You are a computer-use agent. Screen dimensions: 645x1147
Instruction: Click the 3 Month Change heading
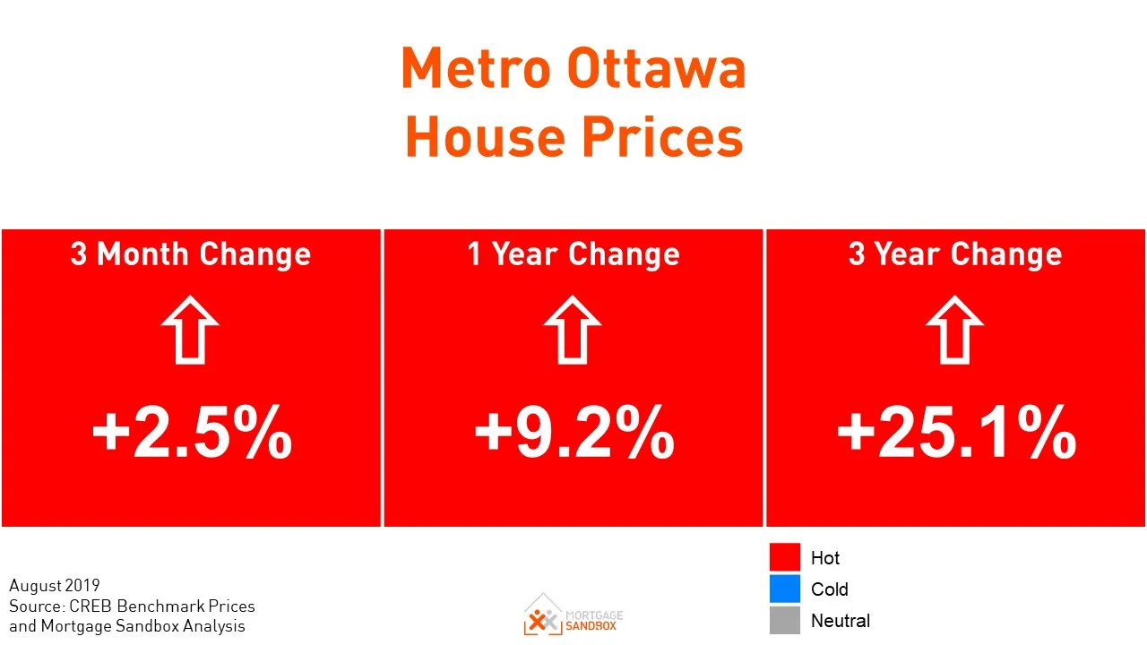point(191,254)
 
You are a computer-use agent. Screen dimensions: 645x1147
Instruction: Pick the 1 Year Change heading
point(573,254)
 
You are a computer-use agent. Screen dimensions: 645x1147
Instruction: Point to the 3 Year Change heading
point(955,254)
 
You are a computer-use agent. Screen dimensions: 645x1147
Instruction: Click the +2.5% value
point(192,432)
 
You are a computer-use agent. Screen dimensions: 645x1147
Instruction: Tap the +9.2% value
point(573,432)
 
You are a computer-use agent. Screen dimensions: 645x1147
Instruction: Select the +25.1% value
point(956,432)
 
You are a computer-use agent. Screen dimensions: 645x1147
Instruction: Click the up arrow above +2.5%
point(191,330)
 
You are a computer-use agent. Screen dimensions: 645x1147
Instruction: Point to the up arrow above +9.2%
point(573,330)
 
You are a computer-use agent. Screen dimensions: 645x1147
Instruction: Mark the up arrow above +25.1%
point(955,330)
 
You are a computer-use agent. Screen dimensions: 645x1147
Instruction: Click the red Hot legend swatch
point(784,557)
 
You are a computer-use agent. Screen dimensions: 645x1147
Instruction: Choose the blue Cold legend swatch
point(784,589)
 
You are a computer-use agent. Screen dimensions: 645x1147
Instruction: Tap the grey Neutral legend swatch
point(784,620)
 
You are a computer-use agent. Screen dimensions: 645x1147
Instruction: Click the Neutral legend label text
point(840,621)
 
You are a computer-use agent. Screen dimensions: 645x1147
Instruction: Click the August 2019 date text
point(55,587)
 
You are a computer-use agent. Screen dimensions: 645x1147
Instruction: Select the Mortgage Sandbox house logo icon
point(543,615)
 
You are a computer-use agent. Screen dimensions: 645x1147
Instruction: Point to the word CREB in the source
point(91,606)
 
